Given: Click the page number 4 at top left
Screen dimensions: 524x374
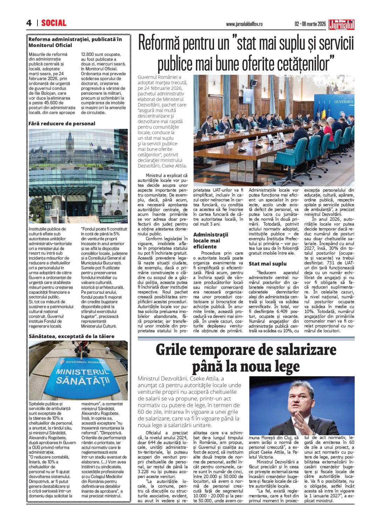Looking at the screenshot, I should pyautogui.click(x=29, y=23).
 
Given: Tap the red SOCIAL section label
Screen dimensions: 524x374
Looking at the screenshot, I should pyautogui.click(x=54, y=23).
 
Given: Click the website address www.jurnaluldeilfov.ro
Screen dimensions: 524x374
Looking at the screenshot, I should pyautogui.click(x=244, y=24).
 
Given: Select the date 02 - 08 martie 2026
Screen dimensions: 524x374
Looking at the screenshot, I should pyautogui.click(x=310, y=24).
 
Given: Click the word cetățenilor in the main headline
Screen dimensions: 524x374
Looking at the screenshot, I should pyautogui.click(x=305, y=64).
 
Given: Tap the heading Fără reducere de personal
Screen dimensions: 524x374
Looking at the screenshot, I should pyautogui.click(x=62, y=123).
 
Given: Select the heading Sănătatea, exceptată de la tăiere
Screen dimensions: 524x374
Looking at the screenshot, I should pyautogui.click(x=71, y=336).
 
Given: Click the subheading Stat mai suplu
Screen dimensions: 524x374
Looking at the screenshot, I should pyautogui.click(x=267, y=264).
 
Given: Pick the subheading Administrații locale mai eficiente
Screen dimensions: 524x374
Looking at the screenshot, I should pyautogui.click(x=210, y=241).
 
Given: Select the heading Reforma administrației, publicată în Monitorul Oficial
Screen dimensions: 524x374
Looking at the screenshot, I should pyautogui.click(x=75, y=42).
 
